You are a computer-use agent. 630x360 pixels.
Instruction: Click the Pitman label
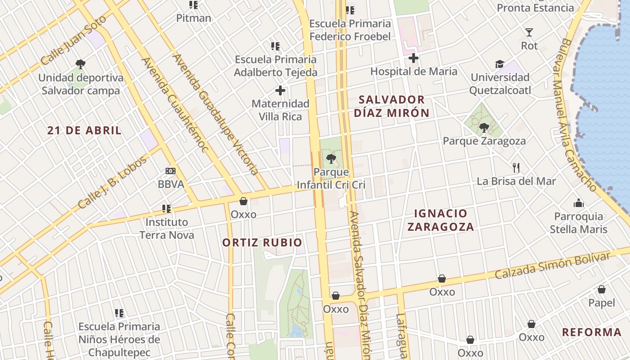coord(193,18)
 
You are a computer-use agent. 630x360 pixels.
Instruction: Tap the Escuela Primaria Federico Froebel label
coord(350,30)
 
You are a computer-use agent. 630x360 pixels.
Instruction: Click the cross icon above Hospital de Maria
coord(414,58)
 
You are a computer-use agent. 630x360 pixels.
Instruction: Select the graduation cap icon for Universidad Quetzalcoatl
coord(499,64)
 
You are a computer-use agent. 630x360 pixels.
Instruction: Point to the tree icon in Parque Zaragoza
coord(484,128)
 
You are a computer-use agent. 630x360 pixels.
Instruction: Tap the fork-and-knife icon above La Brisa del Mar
coord(516,168)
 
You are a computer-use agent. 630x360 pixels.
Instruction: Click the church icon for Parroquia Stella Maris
coord(579,203)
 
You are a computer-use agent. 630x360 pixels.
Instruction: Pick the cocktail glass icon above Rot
coord(529,32)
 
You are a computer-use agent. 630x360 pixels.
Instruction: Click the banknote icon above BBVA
coord(171,171)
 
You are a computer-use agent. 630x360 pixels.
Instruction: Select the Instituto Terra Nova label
coord(166,228)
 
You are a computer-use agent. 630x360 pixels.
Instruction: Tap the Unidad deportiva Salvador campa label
coord(81,84)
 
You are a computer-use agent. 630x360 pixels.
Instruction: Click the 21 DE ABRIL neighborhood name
coord(85,130)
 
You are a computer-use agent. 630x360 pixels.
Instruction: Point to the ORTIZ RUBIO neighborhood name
coord(262,243)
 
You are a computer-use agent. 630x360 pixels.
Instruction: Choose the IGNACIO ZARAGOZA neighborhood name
coord(441,220)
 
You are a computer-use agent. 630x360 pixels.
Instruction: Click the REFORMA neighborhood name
coord(592,333)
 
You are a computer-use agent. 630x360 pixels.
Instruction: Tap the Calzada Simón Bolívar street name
coord(553,265)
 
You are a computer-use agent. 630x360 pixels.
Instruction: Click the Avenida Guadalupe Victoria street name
coord(216,115)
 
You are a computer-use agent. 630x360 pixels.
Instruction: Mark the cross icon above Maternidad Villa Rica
coord(280,90)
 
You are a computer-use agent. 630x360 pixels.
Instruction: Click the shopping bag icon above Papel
coord(602,289)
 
